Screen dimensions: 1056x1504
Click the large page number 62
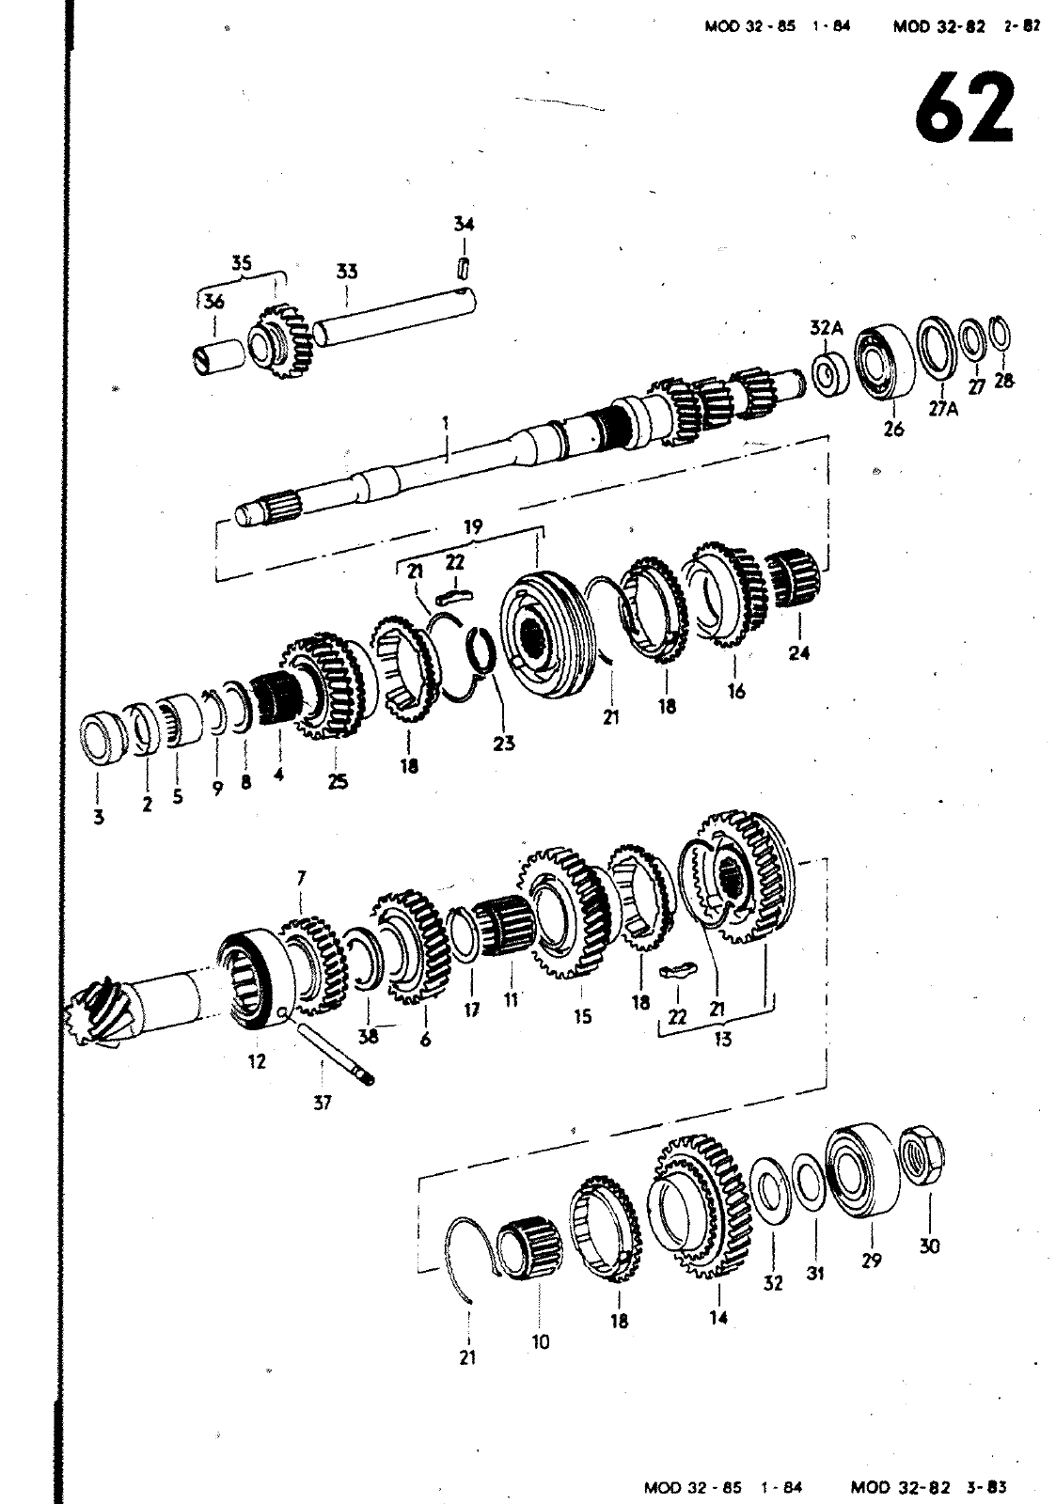(964, 107)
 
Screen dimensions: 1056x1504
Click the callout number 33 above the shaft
(347, 272)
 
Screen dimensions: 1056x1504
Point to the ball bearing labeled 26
(885, 363)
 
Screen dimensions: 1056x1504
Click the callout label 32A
(827, 328)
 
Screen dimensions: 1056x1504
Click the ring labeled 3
(102, 736)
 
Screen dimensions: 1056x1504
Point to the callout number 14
(718, 1318)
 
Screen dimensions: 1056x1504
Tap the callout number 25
(338, 781)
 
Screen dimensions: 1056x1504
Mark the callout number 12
(257, 1061)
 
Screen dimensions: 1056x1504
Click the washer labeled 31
(809, 1181)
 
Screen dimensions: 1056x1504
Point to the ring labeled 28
(1001, 333)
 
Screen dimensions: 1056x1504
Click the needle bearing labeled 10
(530, 1246)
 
